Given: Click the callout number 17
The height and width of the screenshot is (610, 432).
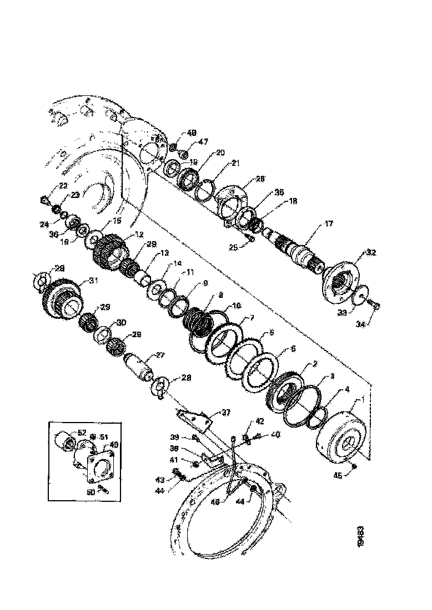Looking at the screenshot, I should pyautogui.click(x=329, y=225).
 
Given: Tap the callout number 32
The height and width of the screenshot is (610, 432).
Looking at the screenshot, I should pyautogui.click(x=370, y=252).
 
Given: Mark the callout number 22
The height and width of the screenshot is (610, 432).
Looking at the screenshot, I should pyautogui.click(x=48, y=186).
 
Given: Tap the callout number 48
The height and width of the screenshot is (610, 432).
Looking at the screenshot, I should pyautogui.click(x=192, y=133).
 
